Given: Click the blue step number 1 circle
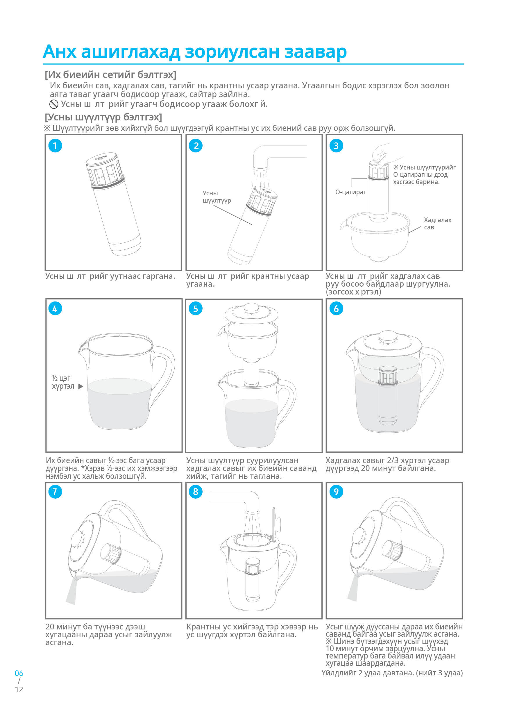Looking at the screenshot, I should point(55,146).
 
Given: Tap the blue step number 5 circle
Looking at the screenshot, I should point(196,309).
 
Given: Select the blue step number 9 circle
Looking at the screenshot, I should point(336,492).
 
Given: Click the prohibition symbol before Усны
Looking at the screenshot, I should point(54,104).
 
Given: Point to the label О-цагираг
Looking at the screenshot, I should point(350,192).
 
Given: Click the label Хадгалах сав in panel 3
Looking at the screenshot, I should point(437,223).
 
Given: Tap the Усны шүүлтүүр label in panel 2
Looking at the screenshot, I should point(216,197).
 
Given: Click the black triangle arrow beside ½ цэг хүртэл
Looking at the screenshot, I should point(81,387).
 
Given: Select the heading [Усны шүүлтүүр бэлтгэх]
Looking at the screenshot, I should point(103,117).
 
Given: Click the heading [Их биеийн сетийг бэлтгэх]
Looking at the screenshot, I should point(110,75).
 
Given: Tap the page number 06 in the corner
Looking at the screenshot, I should point(19,674).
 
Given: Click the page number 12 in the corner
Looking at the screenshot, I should point(19,690).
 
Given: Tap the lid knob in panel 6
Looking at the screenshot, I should point(388,336).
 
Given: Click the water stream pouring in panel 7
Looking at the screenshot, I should point(71,592).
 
